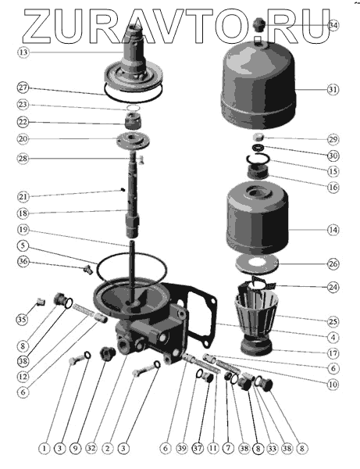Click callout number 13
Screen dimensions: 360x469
tap(23, 52)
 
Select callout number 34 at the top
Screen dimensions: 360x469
tap(333, 26)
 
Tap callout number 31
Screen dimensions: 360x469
tap(333, 89)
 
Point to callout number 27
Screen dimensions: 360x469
tap(23, 88)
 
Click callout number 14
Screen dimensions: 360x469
tap(333, 230)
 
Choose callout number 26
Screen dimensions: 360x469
tap(333, 264)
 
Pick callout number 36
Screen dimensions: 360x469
tap(23, 261)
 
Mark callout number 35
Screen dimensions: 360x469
tap(22, 320)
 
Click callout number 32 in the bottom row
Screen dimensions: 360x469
tap(91, 448)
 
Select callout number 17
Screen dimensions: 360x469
tap(333, 353)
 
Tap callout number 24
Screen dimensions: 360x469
tap(333, 287)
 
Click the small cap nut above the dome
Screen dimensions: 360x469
tap(258, 25)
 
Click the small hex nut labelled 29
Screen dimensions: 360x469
tap(258, 138)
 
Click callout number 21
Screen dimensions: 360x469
tap(23, 196)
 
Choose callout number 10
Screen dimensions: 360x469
tap(333, 384)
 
